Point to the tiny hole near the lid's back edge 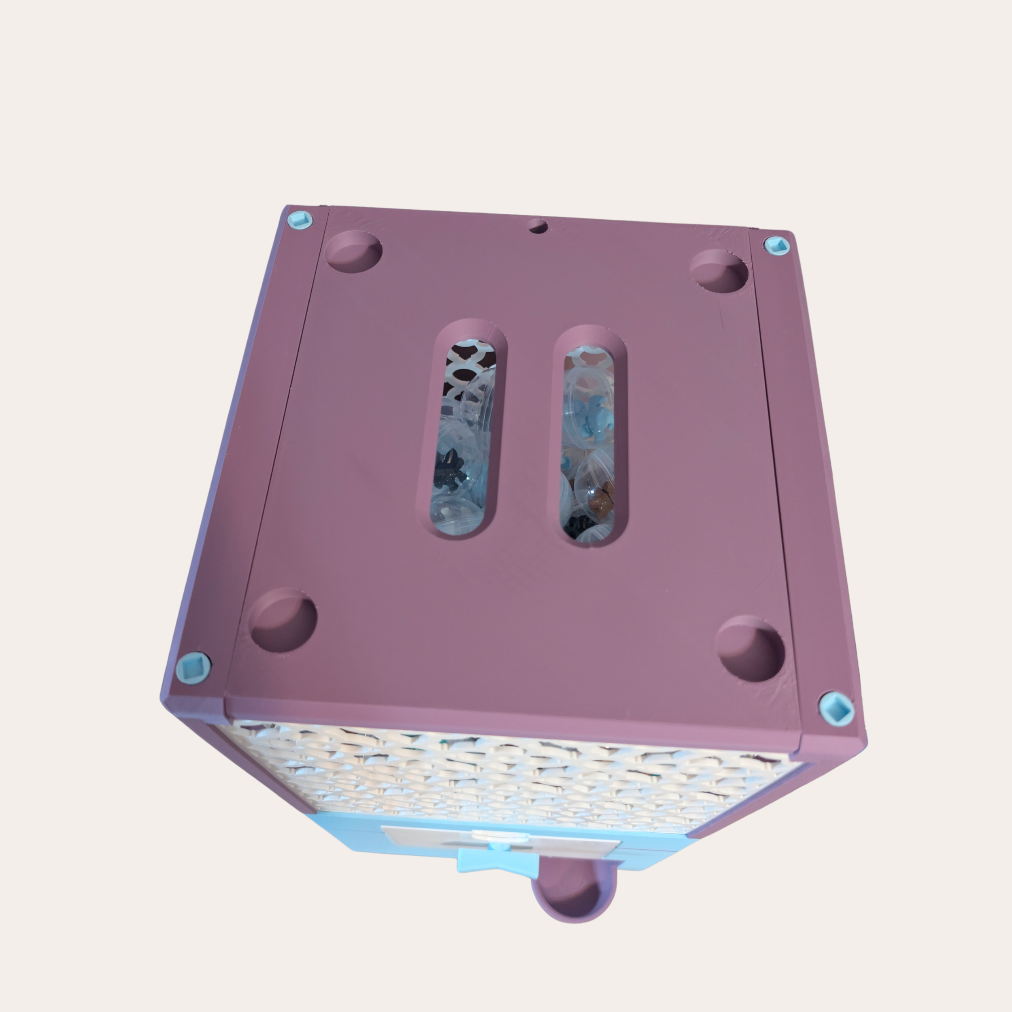coord(537,226)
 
